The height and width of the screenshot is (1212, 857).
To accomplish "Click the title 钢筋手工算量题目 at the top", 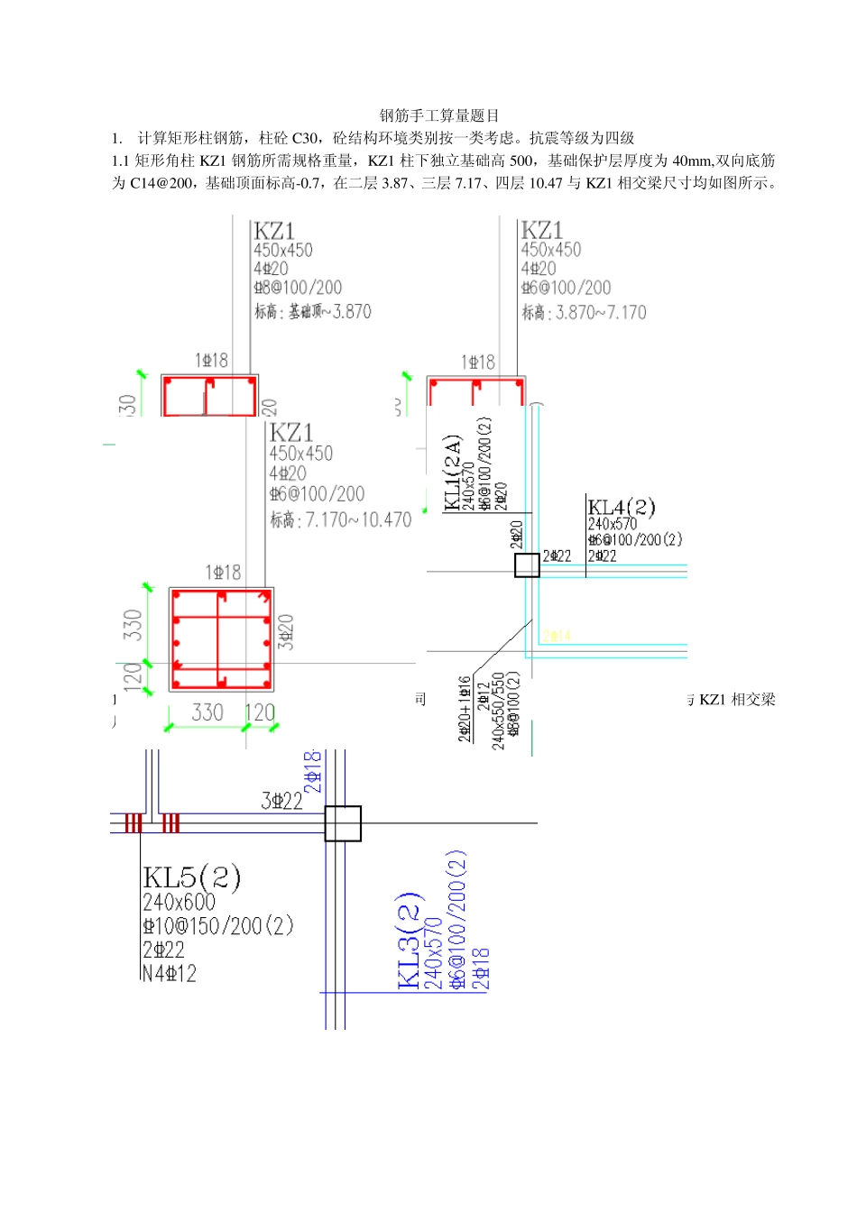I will (x=438, y=115).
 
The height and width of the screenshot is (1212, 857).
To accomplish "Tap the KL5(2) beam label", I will (x=191, y=877).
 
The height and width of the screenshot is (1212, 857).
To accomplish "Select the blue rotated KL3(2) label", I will (x=409, y=941).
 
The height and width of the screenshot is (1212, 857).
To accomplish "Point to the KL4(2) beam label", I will (x=622, y=507).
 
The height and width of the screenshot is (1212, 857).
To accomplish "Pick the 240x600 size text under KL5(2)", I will (x=179, y=902).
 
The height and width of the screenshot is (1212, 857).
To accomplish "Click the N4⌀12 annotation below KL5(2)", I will (x=169, y=973).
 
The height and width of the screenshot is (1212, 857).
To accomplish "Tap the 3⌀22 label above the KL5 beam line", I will (x=281, y=801).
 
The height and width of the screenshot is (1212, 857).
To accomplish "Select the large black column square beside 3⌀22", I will (x=343, y=823).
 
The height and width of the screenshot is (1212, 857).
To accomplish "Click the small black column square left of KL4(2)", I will (x=527, y=565).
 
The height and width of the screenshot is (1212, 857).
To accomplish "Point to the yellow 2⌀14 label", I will (x=557, y=636).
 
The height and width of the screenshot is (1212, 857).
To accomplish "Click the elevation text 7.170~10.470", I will (x=358, y=520).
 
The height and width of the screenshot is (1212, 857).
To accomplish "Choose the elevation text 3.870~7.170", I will (x=601, y=313).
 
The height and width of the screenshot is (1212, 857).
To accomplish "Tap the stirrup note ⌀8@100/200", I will (x=298, y=288).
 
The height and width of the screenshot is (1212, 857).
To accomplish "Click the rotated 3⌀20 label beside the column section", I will (x=286, y=631).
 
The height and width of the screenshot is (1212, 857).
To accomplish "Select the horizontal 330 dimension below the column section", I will (x=207, y=712).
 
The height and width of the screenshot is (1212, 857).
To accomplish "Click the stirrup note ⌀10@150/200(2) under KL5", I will (x=218, y=926).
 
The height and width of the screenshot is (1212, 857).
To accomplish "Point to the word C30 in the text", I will (x=305, y=138).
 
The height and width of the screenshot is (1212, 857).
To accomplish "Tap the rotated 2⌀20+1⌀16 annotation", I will (x=465, y=709).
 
